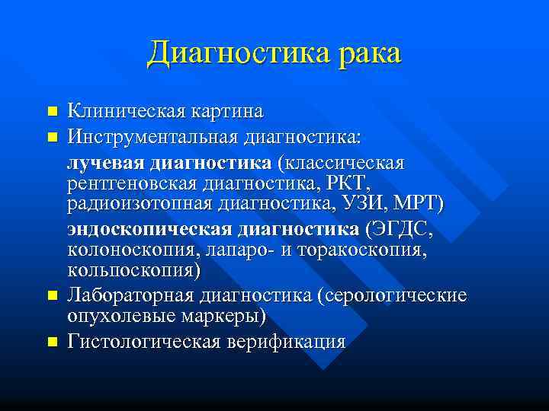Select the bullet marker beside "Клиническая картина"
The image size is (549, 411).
pos(52,112)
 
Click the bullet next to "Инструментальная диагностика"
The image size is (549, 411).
pos(52,138)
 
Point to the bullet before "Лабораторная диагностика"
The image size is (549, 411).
pos(52,295)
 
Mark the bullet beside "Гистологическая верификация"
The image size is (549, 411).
pos(52,342)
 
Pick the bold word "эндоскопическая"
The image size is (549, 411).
pos(149,229)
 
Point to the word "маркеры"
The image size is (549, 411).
pos(221,315)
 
